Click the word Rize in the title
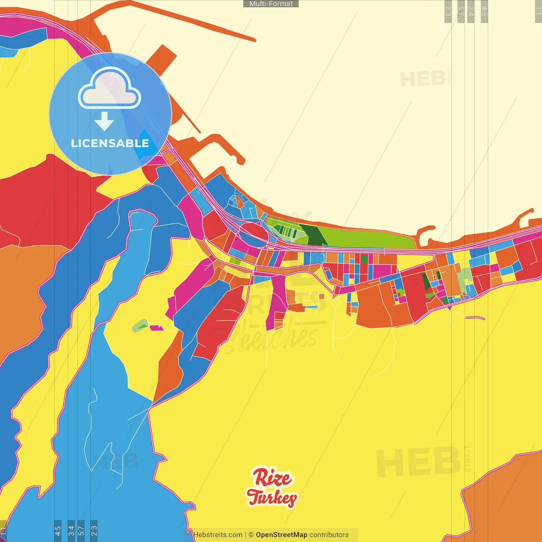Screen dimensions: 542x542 tap(273, 478)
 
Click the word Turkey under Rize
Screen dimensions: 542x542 tap(272, 498)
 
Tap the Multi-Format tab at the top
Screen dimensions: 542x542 tap(271, 4)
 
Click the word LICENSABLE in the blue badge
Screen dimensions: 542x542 tap(110, 144)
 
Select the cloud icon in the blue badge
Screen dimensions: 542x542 tap(110, 88)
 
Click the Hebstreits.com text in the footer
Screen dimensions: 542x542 tap(218, 535)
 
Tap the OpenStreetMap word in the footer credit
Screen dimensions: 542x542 tap(281, 535)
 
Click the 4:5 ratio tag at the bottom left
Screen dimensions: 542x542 tap(58, 530)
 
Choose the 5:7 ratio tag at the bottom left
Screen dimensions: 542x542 tap(81, 530)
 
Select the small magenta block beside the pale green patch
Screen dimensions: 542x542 tap(156, 328)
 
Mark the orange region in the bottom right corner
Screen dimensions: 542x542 tap(504, 500)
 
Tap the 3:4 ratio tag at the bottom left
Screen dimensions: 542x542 tap(71, 530)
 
